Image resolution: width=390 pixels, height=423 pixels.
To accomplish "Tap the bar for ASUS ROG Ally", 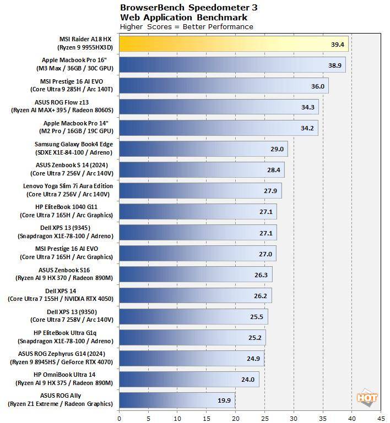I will point(177,400).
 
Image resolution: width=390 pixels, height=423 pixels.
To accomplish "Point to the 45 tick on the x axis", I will point(381,417).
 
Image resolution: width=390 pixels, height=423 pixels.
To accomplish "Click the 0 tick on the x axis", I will point(119,417).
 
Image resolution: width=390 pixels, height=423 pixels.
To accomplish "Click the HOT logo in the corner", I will point(367,397).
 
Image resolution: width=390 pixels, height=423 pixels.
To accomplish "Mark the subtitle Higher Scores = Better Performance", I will point(186,26).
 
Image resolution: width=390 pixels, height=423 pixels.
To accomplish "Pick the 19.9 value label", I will point(224,400).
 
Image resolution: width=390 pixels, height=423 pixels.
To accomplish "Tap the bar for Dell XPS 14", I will point(195,295).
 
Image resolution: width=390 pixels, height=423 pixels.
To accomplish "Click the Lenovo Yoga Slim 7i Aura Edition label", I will point(68,190).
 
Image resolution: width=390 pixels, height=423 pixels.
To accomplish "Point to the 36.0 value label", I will point(318,86).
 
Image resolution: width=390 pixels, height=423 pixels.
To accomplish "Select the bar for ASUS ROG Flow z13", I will point(219,107).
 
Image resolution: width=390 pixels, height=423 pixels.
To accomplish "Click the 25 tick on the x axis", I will point(264,417).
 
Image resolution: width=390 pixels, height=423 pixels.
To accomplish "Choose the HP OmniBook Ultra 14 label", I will point(64,378).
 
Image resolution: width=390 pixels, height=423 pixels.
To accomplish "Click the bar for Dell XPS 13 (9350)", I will point(193,316).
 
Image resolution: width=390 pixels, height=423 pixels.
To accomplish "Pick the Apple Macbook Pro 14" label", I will point(78,128).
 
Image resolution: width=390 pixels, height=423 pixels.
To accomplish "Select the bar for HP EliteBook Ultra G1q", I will point(192,337).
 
